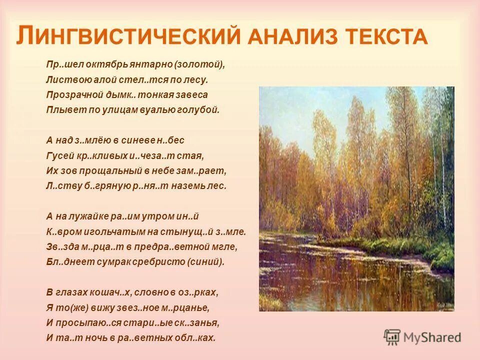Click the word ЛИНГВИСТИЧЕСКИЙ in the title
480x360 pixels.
(122, 36)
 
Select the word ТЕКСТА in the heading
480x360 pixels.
(384, 37)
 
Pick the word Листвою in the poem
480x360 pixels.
(62, 79)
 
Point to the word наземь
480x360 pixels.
(193, 185)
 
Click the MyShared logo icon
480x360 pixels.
(392, 337)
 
